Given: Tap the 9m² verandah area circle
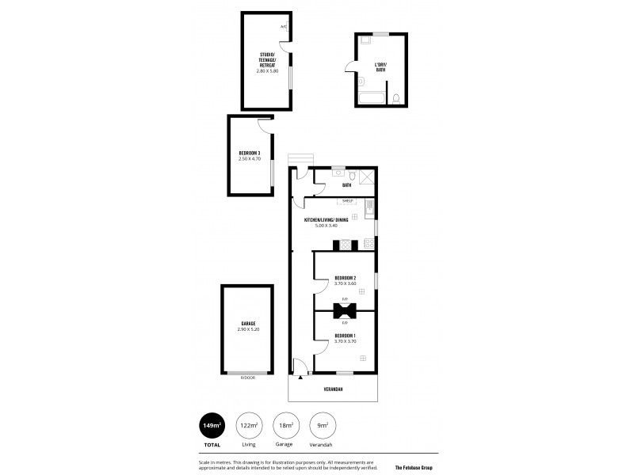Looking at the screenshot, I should [x=321, y=425].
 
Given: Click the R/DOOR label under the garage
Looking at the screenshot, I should [x=247, y=378].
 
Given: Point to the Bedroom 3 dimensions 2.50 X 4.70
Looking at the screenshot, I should [x=250, y=158].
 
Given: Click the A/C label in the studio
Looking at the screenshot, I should [x=283, y=27].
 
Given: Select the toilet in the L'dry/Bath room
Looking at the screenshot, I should [x=395, y=98].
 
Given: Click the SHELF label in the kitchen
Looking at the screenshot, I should [x=348, y=202].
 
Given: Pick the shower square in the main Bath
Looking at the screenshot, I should [x=367, y=177].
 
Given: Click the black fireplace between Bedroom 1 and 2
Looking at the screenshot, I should [x=345, y=310].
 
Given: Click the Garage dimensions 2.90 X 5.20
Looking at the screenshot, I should [x=248, y=329].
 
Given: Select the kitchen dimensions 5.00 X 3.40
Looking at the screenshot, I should [x=326, y=226].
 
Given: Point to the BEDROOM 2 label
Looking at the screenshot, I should [x=345, y=278].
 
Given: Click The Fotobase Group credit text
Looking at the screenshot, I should [x=419, y=468].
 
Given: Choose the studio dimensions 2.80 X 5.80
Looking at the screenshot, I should [x=267, y=71].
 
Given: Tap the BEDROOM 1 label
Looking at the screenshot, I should [x=345, y=336].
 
